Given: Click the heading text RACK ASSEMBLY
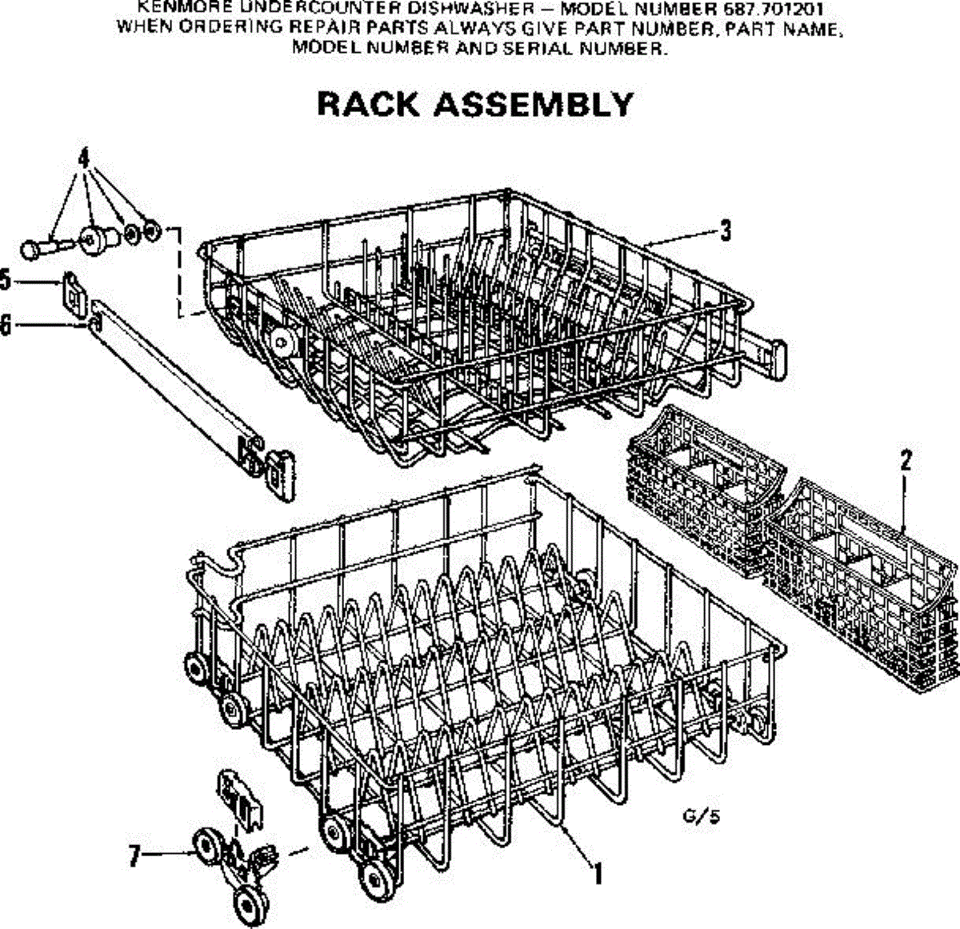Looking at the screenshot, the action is [x=475, y=104].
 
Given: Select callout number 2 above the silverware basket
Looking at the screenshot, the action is [x=906, y=462].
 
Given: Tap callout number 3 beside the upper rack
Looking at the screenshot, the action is [x=725, y=230].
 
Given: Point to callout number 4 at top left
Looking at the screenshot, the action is [x=83, y=158].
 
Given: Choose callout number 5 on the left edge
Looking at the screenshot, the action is [x=5, y=281].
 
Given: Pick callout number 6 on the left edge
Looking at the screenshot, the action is [x=5, y=325].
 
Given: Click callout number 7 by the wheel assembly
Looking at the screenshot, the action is [x=134, y=857].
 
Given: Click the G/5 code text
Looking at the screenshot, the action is [x=696, y=817].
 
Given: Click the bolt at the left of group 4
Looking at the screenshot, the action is [x=35, y=247].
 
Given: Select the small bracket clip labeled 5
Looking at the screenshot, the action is [x=73, y=293].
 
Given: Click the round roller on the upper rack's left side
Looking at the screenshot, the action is [x=282, y=344].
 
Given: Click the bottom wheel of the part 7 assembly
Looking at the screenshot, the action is [x=249, y=905].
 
